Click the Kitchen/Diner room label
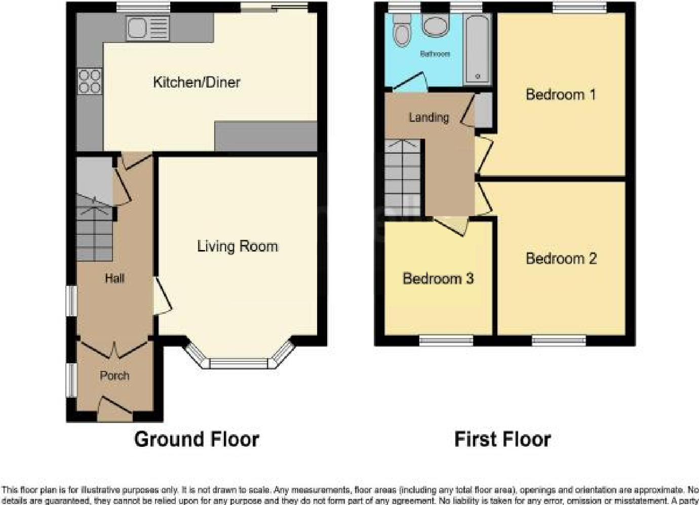pos(197,82)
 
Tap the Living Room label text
pos(237,246)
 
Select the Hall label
pos(114,278)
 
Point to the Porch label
pos(114,375)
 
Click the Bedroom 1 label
pos(561,95)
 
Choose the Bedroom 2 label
pos(561,259)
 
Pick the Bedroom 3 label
pos(438,278)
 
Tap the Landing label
pos(429,117)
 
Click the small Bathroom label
pos(435,54)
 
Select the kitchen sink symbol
pos(147,28)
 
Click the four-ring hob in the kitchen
pos(90,81)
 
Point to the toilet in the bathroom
pos(403,30)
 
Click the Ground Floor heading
pos(197,439)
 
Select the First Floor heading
pos(502,439)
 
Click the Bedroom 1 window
pos(579,7)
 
